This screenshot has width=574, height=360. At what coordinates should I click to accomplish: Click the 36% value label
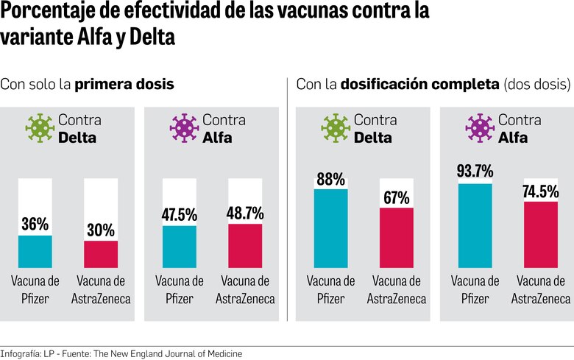pyautogui.click(x=35, y=223)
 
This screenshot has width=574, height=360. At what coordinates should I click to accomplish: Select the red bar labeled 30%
pyautogui.click(x=101, y=254)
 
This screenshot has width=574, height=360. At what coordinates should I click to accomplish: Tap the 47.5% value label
pyautogui.click(x=180, y=214)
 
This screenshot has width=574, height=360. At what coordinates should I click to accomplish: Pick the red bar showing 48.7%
pyautogui.click(x=245, y=245)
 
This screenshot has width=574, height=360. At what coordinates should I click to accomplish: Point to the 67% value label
pyautogui.click(x=397, y=197)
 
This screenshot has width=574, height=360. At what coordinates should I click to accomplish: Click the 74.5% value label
pyautogui.click(x=541, y=190)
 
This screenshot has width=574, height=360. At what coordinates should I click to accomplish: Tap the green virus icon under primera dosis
pyautogui.click(x=40, y=127)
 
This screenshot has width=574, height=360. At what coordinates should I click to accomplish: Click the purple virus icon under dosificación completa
pyautogui.click(x=480, y=127)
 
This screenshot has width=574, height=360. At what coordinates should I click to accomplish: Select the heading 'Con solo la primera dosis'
pyautogui.click(x=87, y=84)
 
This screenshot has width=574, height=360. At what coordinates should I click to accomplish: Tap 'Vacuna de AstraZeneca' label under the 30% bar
pyautogui.click(x=101, y=289)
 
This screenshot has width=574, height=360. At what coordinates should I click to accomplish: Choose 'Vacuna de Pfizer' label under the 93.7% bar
pyautogui.click(x=475, y=289)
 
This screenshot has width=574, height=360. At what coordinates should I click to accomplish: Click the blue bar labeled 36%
pyautogui.click(x=35, y=251)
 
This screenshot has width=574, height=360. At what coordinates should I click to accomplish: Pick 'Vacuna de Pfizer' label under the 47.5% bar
pyautogui.click(x=180, y=289)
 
